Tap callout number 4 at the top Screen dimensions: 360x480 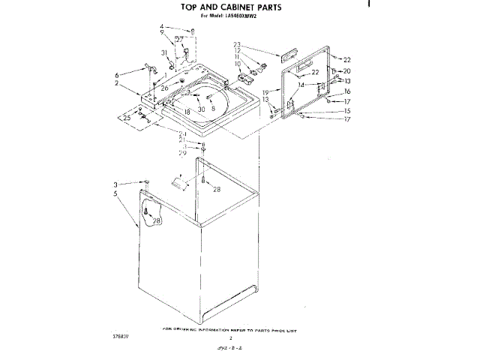pos(161,28)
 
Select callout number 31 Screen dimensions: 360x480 pos(163,52)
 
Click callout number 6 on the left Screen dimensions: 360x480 pos(117,75)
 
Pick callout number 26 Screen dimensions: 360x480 pos(163,88)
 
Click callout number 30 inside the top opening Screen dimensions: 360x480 pos(201,109)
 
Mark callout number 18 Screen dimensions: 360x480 pos(187,112)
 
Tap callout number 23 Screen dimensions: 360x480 pos(236,44)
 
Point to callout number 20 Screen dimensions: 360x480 pos(347,71)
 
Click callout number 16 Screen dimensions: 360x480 pos(347,91)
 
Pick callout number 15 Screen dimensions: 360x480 pos(347,110)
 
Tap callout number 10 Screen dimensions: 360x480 pos(238,64)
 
